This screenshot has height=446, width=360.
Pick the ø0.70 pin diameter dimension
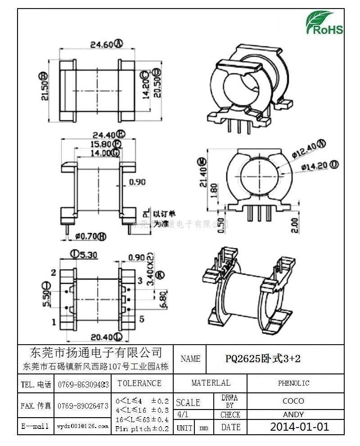pos(90,236)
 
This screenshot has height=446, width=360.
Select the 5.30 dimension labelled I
pos(84,255)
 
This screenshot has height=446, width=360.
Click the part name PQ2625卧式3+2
pos(262,359)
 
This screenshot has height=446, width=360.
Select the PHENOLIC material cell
pos(293,383)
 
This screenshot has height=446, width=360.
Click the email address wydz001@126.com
pos(83,426)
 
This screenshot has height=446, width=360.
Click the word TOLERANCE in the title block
pos(139,383)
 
